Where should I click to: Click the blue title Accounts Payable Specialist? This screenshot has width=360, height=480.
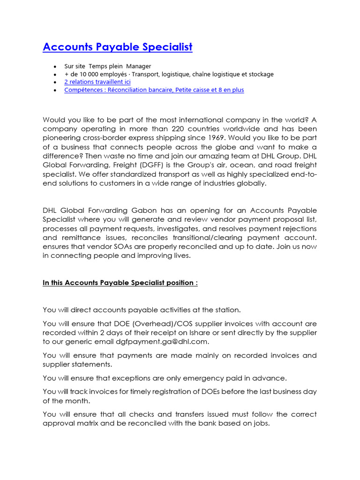coord(117,47)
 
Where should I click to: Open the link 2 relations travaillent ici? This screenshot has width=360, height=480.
coord(97,82)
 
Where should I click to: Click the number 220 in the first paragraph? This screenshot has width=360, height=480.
coord(180,128)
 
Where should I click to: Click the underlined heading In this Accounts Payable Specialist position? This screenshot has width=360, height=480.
coord(120,283)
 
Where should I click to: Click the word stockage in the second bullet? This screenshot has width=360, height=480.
coord(261,74)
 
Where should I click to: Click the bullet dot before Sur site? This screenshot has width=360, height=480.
coord(55,67)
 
